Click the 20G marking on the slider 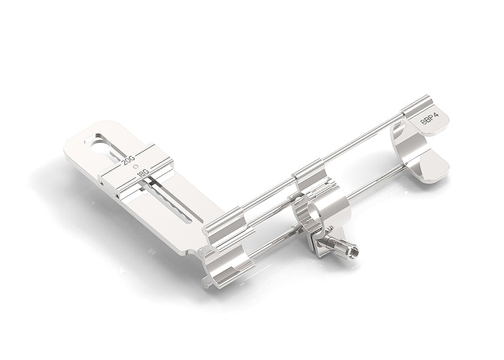(129, 160)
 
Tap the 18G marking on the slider (143, 174)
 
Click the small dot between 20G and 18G (136, 166)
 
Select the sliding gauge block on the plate (137, 171)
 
